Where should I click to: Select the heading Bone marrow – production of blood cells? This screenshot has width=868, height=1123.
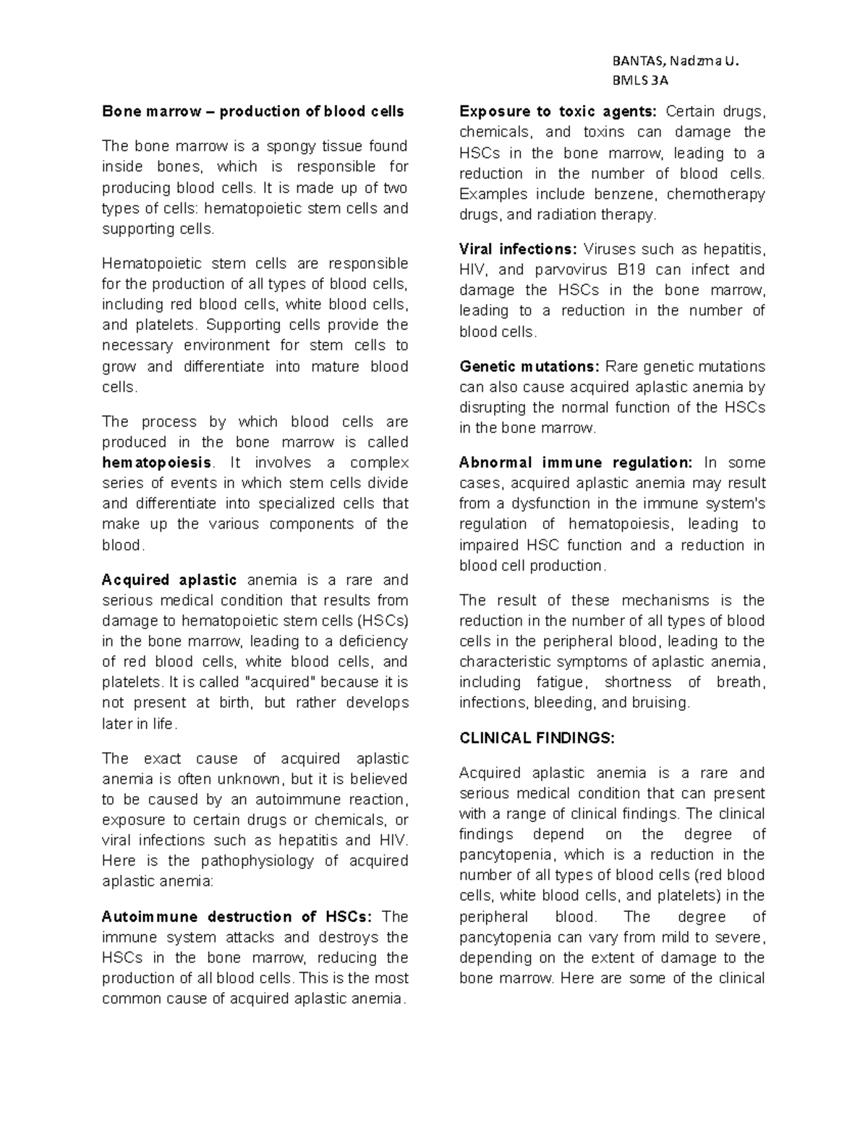coord(253,112)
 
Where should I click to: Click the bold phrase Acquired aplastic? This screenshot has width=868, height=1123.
coord(169,580)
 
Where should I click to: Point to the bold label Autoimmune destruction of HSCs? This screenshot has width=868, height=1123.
coord(237,917)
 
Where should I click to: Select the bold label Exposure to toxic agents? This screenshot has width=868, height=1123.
coord(558,112)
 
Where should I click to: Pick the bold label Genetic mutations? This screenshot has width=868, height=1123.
coord(529,367)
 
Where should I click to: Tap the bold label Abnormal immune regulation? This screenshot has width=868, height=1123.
coord(576,463)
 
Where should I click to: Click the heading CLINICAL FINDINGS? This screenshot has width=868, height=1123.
coord(537,738)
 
